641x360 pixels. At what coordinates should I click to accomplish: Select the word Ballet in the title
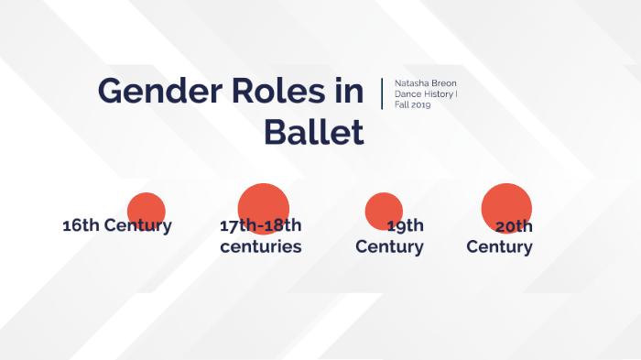pyautogui.click(x=314, y=133)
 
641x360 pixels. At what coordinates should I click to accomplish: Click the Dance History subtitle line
pyautogui.click(x=426, y=94)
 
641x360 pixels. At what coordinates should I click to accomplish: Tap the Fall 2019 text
pyautogui.click(x=413, y=105)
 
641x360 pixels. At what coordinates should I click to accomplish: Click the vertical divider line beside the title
pyautogui.click(x=382, y=94)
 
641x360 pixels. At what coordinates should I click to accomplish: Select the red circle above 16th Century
pyautogui.click(x=145, y=211)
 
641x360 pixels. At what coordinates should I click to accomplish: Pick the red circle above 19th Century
pyautogui.click(x=384, y=211)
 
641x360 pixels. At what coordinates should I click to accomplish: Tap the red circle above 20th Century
pyautogui.click(x=506, y=208)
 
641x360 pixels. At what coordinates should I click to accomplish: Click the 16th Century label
pyautogui.click(x=116, y=225)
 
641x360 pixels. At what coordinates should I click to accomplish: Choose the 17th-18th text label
pyautogui.click(x=261, y=226)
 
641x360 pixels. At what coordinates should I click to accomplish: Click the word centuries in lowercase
pyautogui.click(x=261, y=247)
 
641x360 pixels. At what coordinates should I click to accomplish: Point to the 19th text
pyautogui.click(x=405, y=226)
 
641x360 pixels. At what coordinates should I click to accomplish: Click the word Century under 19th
pyautogui.click(x=389, y=247)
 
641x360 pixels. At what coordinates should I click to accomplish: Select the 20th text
pyautogui.click(x=514, y=226)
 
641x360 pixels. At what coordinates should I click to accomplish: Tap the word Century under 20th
pyautogui.click(x=499, y=247)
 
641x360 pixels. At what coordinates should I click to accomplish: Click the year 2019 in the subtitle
pyautogui.click(x=420, y=105)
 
